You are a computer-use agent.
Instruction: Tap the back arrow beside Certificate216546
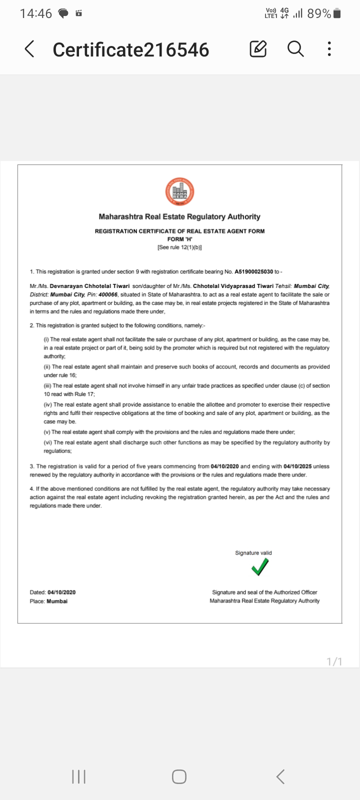[x=29, y=49]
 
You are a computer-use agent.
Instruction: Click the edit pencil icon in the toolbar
[x=258, y=49]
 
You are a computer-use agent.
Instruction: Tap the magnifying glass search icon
[x=295, y=49]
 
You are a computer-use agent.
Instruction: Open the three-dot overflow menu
[x=329, y=49]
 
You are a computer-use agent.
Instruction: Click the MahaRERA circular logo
[x=179, y=191]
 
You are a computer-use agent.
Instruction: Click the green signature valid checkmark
[x=260, y=567]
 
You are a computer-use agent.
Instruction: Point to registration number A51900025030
[x=253, y=271]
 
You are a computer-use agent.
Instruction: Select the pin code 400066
[x=108, y=294]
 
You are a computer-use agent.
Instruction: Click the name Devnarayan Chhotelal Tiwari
[x=90, y=286]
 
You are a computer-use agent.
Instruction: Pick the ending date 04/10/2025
[x=297, y=466]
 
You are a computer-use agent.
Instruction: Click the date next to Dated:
[x=62, y=592]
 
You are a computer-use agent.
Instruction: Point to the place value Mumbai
[x=57, y=601]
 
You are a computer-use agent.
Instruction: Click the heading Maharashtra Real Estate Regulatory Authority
[x=179, y=216]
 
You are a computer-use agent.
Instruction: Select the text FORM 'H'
[x=179, y=239]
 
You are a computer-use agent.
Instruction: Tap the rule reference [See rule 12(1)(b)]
[x=179, y=247]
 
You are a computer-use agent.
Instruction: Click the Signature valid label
[x=253, y=552]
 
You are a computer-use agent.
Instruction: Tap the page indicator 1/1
[x=334, y=661]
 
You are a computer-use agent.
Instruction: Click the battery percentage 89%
[x=319, y=14]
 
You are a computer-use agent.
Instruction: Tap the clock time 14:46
[x=36, y=14]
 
